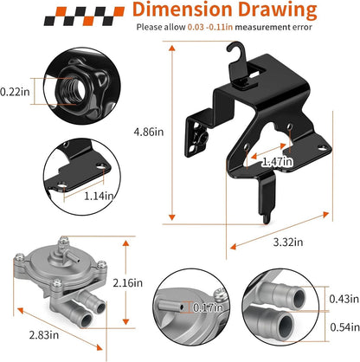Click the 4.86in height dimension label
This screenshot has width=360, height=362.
pos(149,132)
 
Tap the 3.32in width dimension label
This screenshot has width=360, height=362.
pos(288,242)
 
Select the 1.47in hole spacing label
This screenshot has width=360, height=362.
pos(277,162)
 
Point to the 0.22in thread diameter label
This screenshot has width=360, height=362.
pos(15,92)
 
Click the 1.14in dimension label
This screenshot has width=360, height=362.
pos(99,197)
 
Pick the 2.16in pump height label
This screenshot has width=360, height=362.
pos(128,283)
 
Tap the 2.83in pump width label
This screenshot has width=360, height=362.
pos(44,335)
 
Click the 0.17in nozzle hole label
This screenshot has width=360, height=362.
pos(208,307)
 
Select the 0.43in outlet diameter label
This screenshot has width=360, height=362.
pos(344,299)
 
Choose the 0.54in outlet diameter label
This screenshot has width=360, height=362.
pos(344,327)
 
